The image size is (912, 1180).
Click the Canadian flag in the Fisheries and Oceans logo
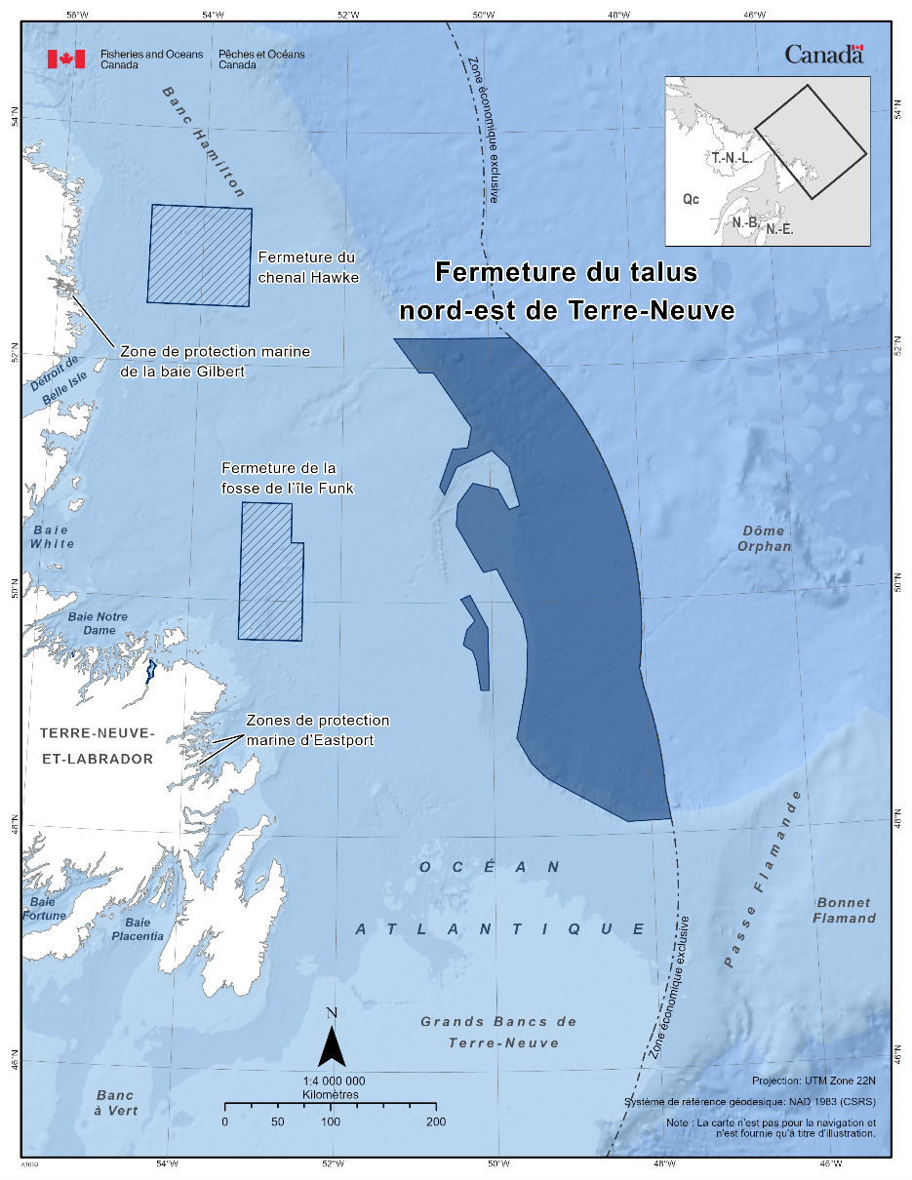pyautogui.click(x=66, y=59)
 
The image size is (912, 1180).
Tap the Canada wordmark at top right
pyautogui.click(x=824, y=55)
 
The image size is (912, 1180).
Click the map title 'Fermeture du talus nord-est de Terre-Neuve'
pyautogui.click(x=566, y=291)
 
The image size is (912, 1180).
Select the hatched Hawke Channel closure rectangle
pyautogui.click(x=200, y=256)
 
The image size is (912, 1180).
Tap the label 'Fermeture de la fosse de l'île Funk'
pyautogui.click(x=288, y=478)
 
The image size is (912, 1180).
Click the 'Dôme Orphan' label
pyautogui.click(x=765, y=538)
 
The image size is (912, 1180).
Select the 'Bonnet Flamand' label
pyautogui.click(x=844, y=910)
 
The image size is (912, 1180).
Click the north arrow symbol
pyautogui.click(x=332, y=1045)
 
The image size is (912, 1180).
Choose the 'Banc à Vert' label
pyautogui.click(x=117, y=1102)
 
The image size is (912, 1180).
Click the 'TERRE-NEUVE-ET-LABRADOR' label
pyautogui.click(x=97, y=745)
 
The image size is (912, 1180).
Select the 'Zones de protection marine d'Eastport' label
pyautogui.click(x=317, y=729)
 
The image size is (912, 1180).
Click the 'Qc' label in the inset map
pyautogui.click(x=691, y=199)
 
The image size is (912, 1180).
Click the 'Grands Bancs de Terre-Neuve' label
pyautogui.click(x=499, y=1032)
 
